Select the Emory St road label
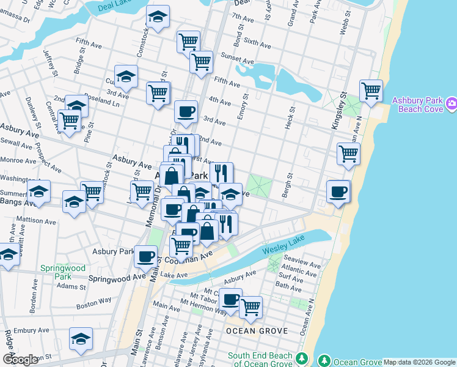pos(246,104)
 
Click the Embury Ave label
pos(31,330)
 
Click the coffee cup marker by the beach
pos(338,191)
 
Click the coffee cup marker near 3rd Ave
pos(186,111)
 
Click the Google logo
pos(21,359)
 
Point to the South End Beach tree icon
pos(300,357)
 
